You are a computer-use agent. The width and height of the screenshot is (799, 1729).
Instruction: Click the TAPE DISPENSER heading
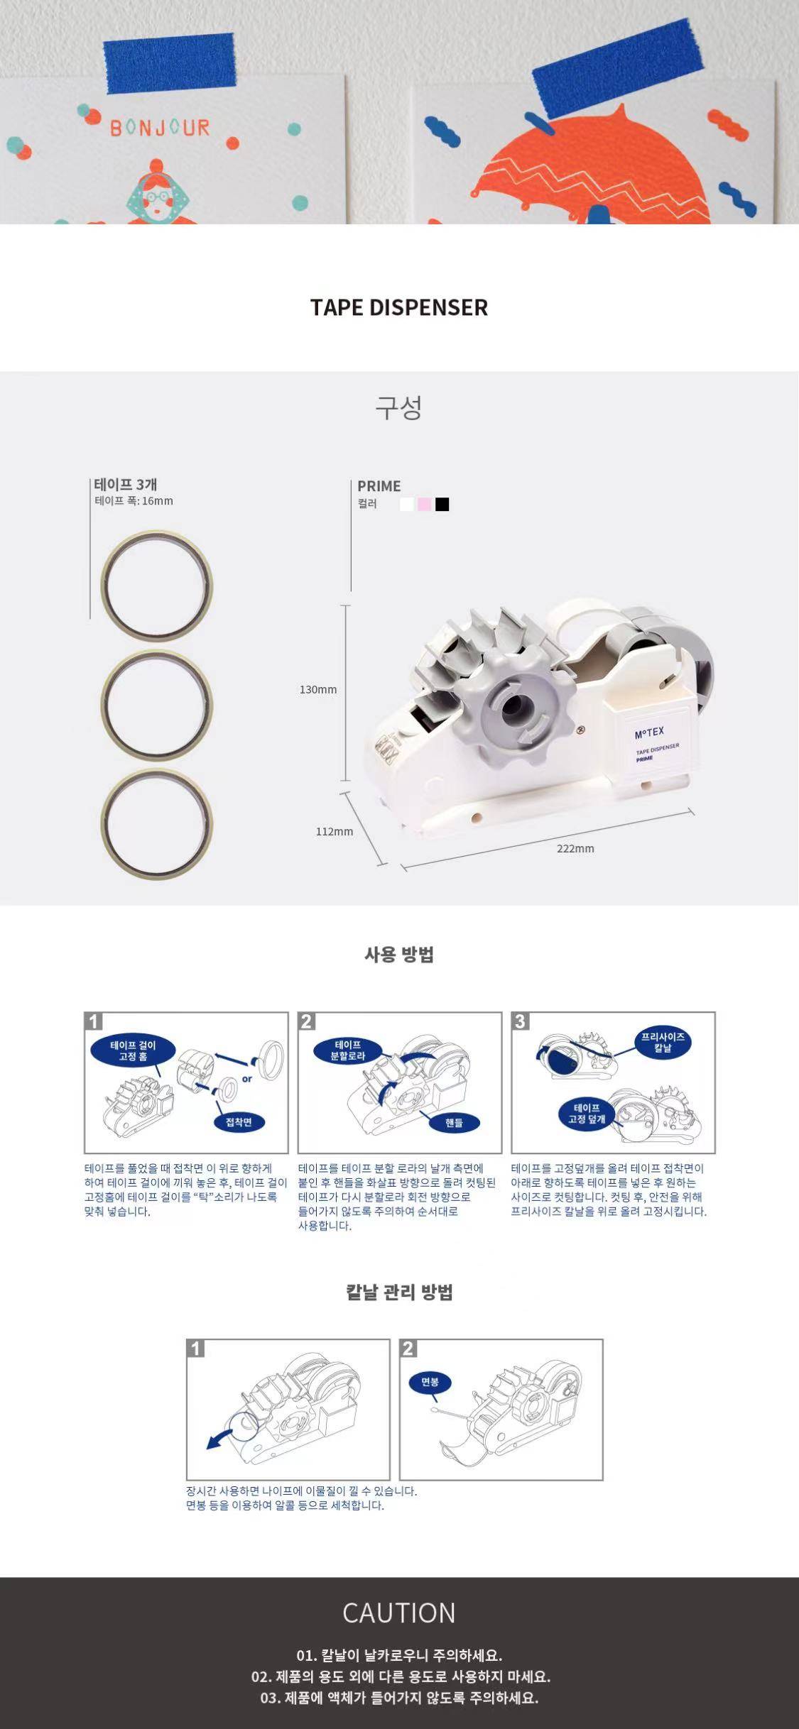399,307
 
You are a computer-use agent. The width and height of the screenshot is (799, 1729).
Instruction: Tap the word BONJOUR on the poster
160,128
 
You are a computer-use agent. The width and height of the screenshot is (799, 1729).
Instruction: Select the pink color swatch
424,504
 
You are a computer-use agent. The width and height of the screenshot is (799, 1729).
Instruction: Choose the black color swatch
442,504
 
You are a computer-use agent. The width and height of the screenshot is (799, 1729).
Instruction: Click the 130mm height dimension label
318,690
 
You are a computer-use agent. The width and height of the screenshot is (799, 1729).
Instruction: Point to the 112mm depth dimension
335,832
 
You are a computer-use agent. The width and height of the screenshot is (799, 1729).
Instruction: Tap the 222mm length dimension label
575,848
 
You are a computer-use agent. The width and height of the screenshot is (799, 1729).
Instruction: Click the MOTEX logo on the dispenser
649,732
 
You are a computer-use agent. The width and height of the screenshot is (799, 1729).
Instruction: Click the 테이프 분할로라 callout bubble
348,1050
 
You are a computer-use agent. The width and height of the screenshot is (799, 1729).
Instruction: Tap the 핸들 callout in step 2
454,1122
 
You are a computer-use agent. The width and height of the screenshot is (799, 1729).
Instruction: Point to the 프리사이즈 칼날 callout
663,1043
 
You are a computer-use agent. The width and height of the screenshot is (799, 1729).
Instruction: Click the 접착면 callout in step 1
239,1122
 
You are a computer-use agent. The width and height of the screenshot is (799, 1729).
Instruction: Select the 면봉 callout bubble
430,1382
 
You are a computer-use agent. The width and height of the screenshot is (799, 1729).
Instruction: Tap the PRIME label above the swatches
379,486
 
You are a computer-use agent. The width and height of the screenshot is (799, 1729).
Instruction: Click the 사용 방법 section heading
399,955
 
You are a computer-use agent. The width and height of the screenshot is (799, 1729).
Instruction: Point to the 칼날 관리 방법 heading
399,1292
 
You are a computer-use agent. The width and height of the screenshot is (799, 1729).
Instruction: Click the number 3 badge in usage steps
521,1021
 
